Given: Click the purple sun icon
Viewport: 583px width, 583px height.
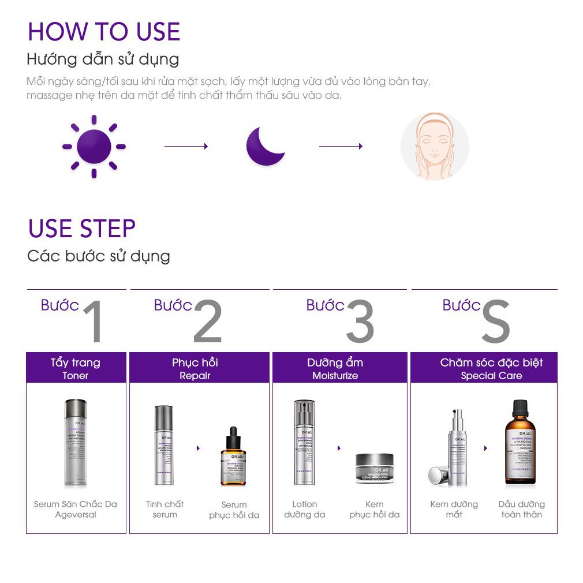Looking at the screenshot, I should [94, 147].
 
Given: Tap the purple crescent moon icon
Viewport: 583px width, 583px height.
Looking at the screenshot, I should [264, 147].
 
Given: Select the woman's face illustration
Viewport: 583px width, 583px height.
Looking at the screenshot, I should [435, 146].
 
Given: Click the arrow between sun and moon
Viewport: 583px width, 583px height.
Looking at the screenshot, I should [186, 147].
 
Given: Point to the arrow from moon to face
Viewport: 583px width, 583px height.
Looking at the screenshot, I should [341, 147].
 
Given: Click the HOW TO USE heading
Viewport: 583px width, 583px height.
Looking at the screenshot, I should [104, 32].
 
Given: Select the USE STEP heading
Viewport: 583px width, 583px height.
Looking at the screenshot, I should [81, 229].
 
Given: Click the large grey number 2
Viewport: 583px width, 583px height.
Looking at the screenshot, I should [208, 322].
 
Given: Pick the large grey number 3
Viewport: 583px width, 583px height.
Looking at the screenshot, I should [360, 322].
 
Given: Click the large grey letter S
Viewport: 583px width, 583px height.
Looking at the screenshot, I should [495, 322].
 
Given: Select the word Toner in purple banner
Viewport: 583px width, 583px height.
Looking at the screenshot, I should [76, 376].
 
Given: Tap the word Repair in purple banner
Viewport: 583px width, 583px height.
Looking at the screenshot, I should [195, 376].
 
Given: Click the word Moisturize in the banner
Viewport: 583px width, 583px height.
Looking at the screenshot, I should [335, 376].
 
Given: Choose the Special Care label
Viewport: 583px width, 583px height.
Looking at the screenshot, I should [491, 376].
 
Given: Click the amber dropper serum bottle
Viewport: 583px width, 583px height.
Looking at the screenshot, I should [233, 456].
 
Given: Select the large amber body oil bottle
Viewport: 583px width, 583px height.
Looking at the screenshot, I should [520, 442].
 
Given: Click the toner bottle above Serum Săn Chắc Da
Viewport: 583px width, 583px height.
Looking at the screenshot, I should [75, 443].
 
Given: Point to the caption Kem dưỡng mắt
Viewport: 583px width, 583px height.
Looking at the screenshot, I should [454, 509].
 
